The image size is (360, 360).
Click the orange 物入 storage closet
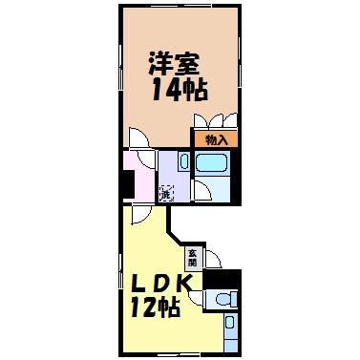tap(216, 139)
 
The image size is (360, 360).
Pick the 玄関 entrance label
tap(193, 257)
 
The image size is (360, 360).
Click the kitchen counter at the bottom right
tap(230, 330)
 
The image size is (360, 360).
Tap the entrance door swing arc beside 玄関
tap(212, 258)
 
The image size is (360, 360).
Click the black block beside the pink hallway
tap(127, 181)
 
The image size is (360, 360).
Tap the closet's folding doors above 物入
tap(215, 120)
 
